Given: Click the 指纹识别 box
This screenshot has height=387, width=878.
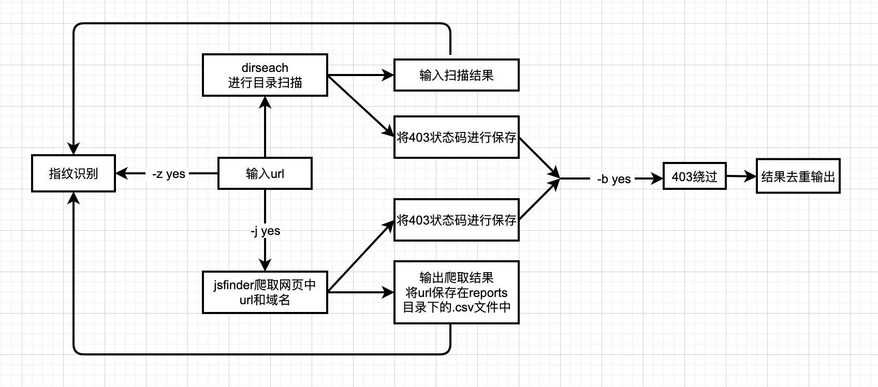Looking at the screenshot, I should pos(73,173).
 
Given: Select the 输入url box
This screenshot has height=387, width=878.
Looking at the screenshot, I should pos(265,173).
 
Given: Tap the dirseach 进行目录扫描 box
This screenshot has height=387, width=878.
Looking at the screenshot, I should pos(265,75).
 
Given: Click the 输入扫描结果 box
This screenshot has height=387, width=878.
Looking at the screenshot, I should pos(456,76).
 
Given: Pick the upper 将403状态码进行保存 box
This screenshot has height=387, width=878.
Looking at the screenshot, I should pos(456,137).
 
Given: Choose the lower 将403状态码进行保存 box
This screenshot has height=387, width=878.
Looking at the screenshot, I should pos(456,220).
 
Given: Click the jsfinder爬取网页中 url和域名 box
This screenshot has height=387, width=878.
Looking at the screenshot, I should pos(265,292).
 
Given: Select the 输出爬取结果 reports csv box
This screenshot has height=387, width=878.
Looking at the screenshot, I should pos(456,292).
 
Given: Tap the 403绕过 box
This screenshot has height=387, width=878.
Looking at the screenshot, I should pos(694,177).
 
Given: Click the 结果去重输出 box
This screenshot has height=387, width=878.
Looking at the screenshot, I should pos(798,177).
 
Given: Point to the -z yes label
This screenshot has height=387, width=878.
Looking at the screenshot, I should pos(169,174).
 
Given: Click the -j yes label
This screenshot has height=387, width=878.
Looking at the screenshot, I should pos(265,231).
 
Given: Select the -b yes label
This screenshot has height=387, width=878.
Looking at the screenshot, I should pos(613,179).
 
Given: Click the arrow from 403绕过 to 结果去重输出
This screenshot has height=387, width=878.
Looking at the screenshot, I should pos(741,177).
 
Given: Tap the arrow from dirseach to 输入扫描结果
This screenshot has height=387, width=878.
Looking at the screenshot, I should pos(360,76).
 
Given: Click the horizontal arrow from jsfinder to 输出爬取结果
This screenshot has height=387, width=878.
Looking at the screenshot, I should pos(360,292).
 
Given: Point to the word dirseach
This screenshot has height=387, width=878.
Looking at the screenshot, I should pos(265,68).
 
